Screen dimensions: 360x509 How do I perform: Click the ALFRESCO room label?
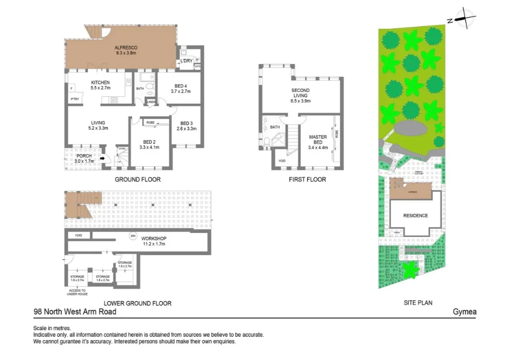[x=126, y=48]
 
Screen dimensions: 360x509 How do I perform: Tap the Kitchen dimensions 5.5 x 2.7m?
[x=100, y=88]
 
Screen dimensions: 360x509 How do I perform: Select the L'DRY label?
[x=186, y=61]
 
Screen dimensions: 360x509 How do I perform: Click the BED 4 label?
[x=179, y=85]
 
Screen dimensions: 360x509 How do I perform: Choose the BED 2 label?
[x=149, y=142]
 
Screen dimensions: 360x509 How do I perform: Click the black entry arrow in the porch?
[x=102, y=158]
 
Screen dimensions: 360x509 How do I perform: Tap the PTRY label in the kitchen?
[x=75, y=99]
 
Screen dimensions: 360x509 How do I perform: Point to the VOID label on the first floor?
[x=281, y=161]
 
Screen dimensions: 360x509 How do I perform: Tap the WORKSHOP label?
[x=154, y=239]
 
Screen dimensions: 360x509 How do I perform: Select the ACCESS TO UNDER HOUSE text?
[x=77, y=293]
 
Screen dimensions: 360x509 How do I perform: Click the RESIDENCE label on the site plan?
[x=416, y=216]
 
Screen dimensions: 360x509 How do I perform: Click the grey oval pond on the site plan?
[x=408, y=129]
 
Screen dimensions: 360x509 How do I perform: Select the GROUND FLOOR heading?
[x=138, y=180]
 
